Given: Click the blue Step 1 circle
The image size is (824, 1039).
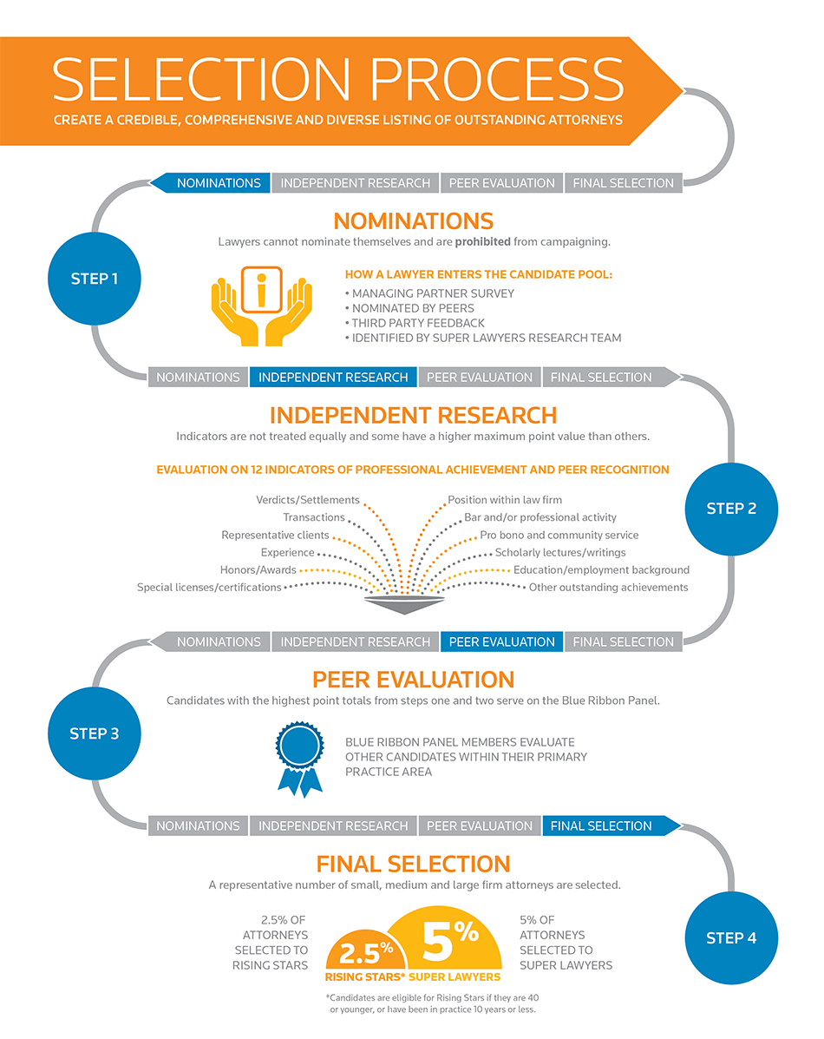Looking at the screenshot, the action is click(x=94, y=279).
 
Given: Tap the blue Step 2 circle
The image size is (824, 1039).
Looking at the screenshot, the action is click(x=731, y=509).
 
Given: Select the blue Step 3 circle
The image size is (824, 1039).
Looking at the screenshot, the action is click(x=94, y=733).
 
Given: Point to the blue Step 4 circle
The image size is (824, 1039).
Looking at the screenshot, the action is click(x=731, y=937).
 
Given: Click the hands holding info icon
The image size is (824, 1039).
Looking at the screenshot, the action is click(x=262, y=306).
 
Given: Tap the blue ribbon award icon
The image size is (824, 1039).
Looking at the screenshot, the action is click(x=300, y=760).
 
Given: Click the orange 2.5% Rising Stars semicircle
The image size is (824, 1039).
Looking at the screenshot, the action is click(x=365, y=950).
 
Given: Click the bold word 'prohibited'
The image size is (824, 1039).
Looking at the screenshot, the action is click(x=483, y=242).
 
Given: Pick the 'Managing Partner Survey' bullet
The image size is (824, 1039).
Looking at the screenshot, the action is click(x=430, y=293).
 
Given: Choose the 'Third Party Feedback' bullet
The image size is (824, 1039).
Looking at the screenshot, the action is click(x=415, y=323).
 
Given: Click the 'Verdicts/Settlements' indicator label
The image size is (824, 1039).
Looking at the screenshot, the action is click(x=308, y=500).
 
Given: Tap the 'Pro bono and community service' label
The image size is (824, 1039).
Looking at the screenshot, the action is click(x=559, y=535).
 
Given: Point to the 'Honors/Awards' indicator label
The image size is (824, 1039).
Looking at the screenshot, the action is click(x=258, y=570).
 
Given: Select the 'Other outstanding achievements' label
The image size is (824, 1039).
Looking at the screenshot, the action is click(x=608, y=587).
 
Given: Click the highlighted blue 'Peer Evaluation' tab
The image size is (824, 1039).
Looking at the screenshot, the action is click(x=501, y=641).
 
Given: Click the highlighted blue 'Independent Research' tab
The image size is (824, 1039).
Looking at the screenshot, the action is click(x=333, y=377).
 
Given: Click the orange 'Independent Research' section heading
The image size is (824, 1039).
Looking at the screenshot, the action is click(x=414, y=416).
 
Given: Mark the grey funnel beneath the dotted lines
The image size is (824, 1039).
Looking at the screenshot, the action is click(x=404, y=603).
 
